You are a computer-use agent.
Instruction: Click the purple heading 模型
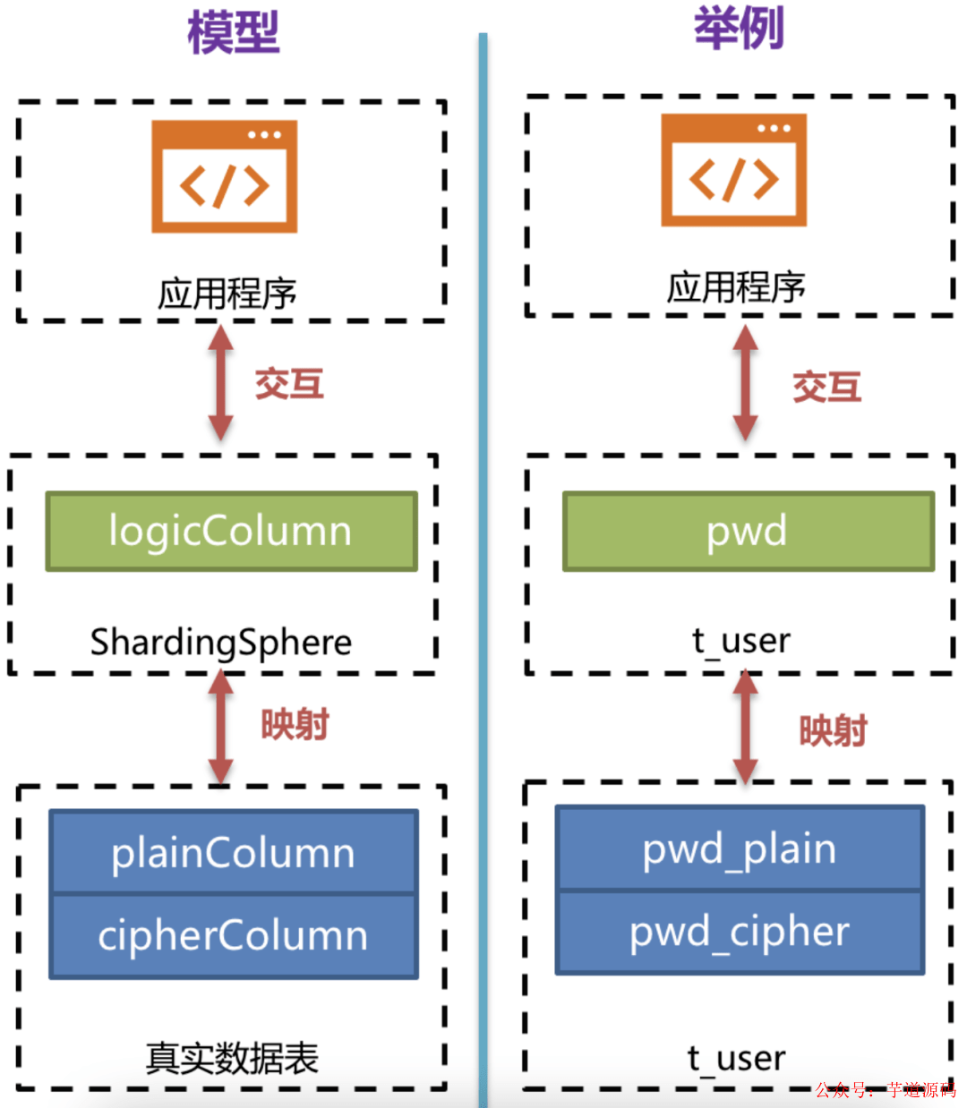(x=234, y=34)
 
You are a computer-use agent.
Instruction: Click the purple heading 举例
(x=739, y=28)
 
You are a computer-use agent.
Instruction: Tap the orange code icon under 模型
(x=224, y=177)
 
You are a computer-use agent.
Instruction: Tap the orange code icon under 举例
(x=733, y=170)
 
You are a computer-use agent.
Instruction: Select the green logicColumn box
(x=231, y=531)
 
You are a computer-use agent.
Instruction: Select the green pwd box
(x=748, y=531)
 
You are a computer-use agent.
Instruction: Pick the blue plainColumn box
(x=233, y=852)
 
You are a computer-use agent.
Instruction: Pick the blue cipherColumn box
(x=233, y=936)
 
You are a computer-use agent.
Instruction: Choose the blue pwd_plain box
(x=740, y=848)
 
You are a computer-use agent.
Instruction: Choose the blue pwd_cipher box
(x=740, y=932)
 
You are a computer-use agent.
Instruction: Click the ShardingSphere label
(x=221, y=643)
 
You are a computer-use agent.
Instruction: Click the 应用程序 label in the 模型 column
(x=227, y=294)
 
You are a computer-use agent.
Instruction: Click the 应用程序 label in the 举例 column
(x=736, y=287)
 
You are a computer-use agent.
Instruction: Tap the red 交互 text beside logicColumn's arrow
(x=289, y=384)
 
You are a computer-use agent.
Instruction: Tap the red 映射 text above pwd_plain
(x=833, y=731)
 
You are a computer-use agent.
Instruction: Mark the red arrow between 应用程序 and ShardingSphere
(x=221, y=383)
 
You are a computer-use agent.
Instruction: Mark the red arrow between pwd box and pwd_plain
(x=745, y=727)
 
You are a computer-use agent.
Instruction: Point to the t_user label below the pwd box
(x=741, y=641)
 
